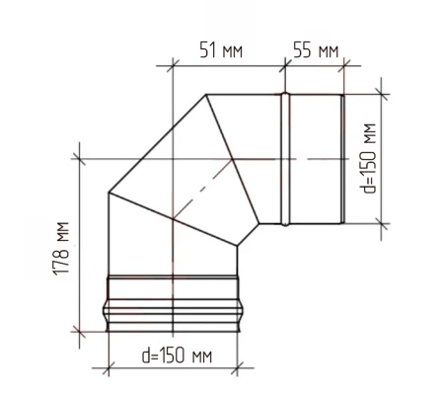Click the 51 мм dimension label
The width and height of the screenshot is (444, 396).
[x=221, y=51]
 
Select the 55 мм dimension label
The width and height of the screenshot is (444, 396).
[x=316, y=50]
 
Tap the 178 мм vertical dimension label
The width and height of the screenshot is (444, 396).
[x=61, y=249]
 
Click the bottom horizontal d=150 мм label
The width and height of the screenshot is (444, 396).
[x=177, y=356]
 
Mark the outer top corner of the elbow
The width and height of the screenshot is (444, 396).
[x=206, y=95]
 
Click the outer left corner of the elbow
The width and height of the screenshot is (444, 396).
[x=109, y=193]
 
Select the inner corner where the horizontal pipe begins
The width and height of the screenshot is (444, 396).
[x=259, y=224]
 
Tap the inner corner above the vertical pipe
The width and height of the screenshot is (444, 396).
[x=237, y=246]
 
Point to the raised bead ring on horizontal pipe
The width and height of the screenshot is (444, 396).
[x=285, y=159]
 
